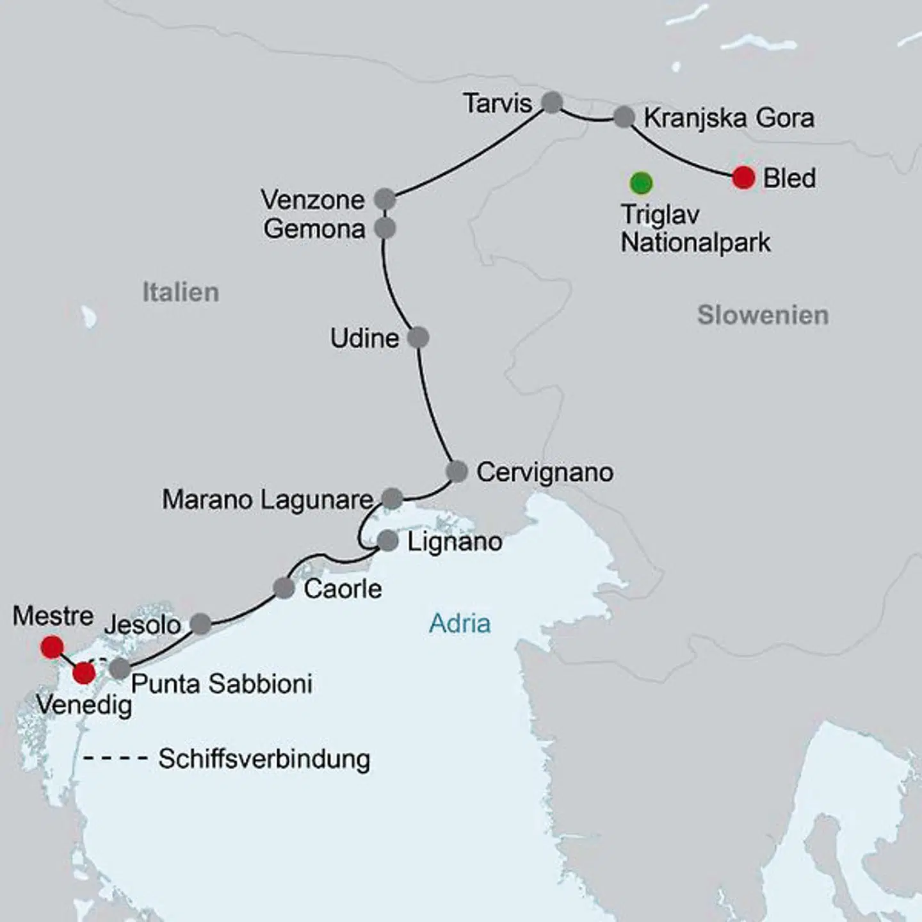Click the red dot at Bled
click(x=743, y=177)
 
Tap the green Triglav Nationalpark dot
click(x=641, y=183)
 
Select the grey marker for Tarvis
click(x=552, y=102)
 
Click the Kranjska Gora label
click(x=729, y=118)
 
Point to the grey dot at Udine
click(x=418, y=337)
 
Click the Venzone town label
click(x=312, y=200)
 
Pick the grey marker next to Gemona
click(x=385, y=228)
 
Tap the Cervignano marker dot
click(x=457, y=471)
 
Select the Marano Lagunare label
click(x=268, y=499)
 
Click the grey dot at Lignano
click(x=388, y=541)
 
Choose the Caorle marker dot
click(x=284, y=588)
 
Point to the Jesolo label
click(x=143, y=624)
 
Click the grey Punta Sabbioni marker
click(x=120, y=668)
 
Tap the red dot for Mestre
click(x=52, y=647)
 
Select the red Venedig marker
click(x=84, y=673)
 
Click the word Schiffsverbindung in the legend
click(x=264, y=759)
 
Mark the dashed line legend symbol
click(x=116, y=759)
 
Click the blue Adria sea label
click(x=460, y=623)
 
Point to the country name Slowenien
click(x=763, y=315)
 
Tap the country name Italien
click(x=181, y=292)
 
